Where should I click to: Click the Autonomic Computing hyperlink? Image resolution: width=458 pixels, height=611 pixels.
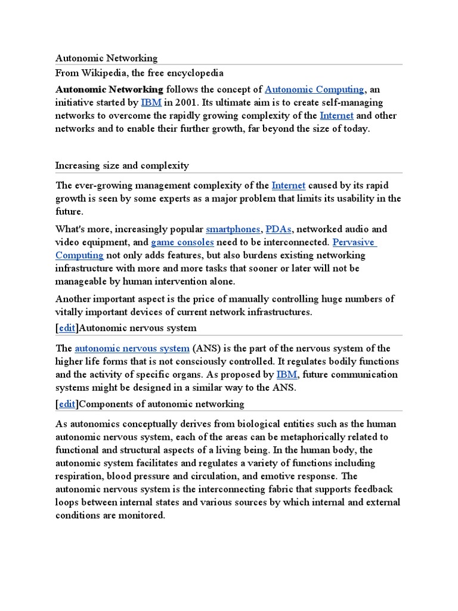click(314, 90)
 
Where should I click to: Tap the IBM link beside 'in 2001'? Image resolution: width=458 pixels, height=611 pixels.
click(151, 103)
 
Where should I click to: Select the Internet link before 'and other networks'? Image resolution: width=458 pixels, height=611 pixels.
click(336, 116)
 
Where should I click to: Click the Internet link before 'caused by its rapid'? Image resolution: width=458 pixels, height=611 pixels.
click(288, 186)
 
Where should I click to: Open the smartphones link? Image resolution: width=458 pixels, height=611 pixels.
click(233, 229)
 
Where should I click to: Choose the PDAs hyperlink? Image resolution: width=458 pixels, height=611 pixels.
click(279, 229)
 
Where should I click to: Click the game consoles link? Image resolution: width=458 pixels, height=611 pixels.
click(182, 242)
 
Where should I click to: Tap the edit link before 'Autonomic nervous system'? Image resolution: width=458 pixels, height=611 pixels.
click(67, 328)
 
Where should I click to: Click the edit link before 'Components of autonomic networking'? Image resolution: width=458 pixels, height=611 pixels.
click(67, 404)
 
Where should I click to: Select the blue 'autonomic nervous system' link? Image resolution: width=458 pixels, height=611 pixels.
click(132, 348)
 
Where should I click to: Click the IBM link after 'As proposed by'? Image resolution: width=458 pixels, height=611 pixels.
click(287, 375)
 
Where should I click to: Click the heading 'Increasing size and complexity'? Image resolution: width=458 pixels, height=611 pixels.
click(122, 165)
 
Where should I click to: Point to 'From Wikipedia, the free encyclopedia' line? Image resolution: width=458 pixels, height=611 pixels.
click(139, 73)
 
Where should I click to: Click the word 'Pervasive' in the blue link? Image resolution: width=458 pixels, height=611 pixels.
click(354, 242)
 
